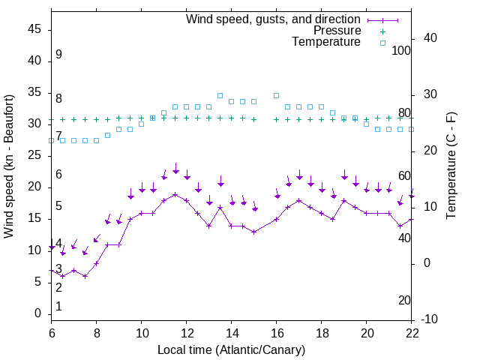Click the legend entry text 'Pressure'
click(x=337, y=31)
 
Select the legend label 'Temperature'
click(x=326, y=42)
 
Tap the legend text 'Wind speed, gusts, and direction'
click(x=274, y=19)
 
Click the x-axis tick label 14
click(x=232, y=333)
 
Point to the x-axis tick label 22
click(x=412, y=333)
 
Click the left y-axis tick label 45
click(x=34, y=29)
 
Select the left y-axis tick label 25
click(x=34, y=155)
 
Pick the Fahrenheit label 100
click(x=402, y=50)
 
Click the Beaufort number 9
click(x=58, y=55)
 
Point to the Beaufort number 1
click(x=58, y=307)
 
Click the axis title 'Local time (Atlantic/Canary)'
click(x=232, y=349)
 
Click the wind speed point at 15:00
click(x=254, y=232)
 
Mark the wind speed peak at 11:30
click(x=175, y=194)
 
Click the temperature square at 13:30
click(x=220, y=95)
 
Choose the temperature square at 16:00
click(x=277, y=95)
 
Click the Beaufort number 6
click(x=58, y=175)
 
